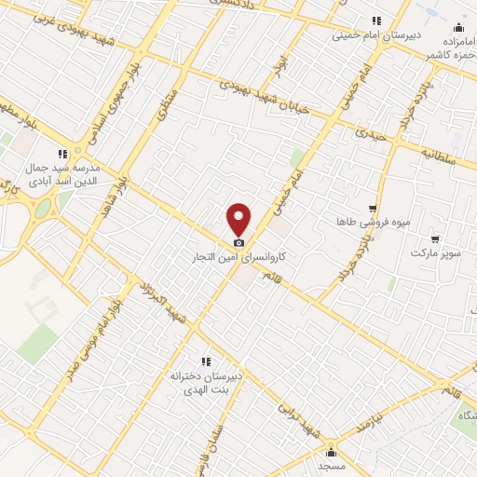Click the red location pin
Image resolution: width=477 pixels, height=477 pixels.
point(239,218)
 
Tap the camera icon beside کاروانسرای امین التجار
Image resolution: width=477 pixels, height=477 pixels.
point(239,242)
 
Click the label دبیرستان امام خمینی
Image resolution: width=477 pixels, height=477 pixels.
point(375,36)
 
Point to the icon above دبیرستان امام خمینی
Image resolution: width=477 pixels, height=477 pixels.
point(376,20)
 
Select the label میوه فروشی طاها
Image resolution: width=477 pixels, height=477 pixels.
point(373,224)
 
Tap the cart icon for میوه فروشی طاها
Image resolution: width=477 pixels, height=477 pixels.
point(373,209)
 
